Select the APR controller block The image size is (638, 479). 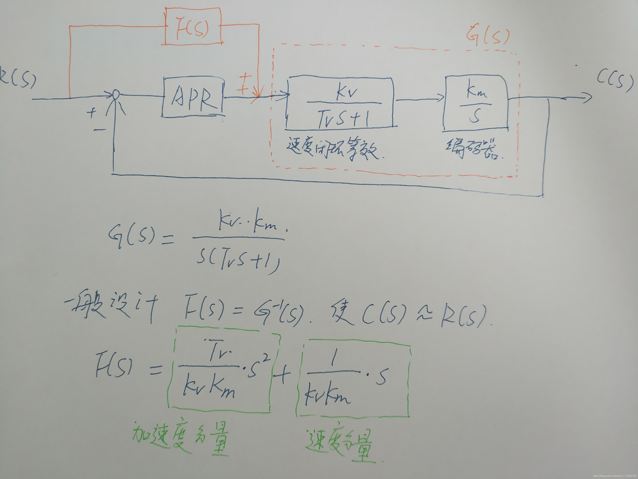[x=193, y=97]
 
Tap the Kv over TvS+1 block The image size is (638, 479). [x=340, y=103]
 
